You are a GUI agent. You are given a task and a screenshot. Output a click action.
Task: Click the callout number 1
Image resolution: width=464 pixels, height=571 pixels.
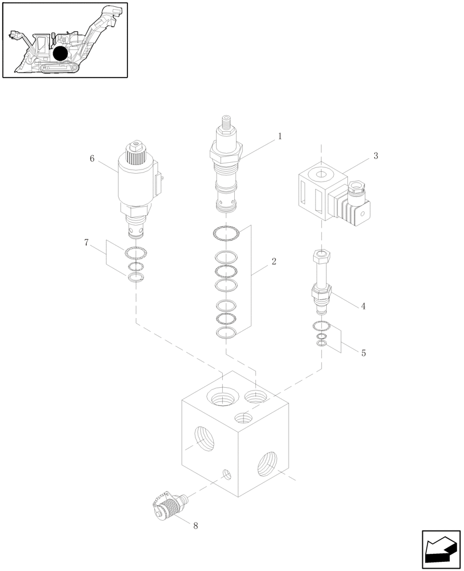[x=279, y=136]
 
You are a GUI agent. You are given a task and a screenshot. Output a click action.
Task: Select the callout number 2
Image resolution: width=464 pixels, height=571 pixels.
[x=274, y=262]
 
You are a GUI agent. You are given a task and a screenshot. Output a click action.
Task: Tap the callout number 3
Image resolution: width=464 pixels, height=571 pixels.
[x=375, y=156]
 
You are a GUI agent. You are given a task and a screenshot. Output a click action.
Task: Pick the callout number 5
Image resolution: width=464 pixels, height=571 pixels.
[x=363, y=353]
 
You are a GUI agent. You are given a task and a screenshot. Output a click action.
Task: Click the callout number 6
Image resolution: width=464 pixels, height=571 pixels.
[x=92, y=159]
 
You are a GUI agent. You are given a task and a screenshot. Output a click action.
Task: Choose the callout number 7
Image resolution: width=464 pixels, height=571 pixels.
[x=86, y=243]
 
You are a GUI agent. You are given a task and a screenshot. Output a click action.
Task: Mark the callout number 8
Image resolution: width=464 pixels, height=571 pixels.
[x=195, y=526]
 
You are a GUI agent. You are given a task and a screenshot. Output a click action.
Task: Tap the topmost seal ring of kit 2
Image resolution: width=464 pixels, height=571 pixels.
[x=227, y=233]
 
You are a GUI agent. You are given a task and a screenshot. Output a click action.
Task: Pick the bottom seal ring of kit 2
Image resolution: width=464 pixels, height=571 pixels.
[x=227, y=333]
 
